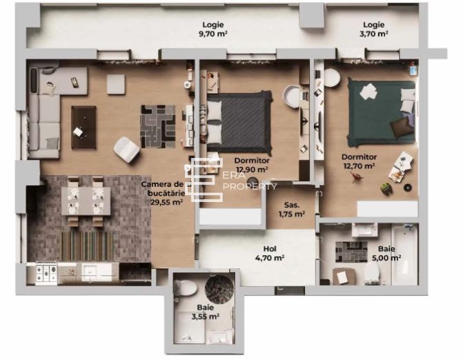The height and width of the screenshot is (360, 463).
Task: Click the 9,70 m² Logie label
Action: pos(214,28)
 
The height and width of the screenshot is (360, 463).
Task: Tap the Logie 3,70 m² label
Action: pos(373,28)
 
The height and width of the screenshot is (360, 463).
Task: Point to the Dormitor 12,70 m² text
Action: pos(358,161)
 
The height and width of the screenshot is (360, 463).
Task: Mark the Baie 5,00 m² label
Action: pos(386,253)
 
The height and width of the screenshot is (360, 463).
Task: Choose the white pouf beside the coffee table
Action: pos(126,147)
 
